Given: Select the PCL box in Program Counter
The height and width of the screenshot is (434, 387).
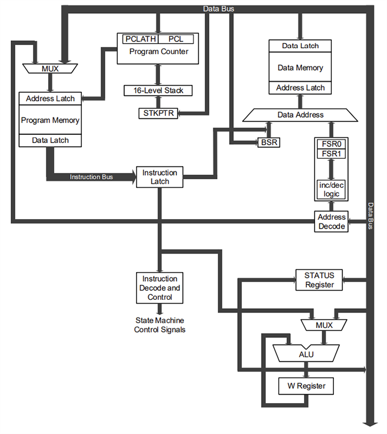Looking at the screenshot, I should (175, 40).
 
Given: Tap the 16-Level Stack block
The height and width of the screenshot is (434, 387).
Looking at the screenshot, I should (158, 90).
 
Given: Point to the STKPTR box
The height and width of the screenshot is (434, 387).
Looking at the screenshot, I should (158, 113).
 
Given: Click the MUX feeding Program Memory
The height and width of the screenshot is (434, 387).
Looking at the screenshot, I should (50, 69).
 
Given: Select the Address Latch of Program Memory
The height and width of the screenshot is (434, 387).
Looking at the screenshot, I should (50, 98).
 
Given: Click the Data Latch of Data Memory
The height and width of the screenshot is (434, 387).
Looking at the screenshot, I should (301, 46).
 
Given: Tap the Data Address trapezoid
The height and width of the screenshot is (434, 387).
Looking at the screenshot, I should (301, 115).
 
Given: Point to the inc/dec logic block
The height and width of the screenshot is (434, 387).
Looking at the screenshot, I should (330, 189).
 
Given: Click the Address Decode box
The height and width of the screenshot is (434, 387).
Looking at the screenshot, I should (332, 221).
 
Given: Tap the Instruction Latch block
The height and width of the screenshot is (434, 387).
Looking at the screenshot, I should (159, 177).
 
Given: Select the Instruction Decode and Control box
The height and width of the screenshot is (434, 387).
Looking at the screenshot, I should (159, 288).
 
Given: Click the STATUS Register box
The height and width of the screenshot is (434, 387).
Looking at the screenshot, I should (320, 280).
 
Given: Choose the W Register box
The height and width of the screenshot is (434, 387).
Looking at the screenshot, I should (302, 386).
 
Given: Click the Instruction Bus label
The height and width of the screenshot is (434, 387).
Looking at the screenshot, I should (91, 177).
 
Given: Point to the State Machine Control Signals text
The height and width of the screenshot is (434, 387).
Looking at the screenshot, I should (159, 325).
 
